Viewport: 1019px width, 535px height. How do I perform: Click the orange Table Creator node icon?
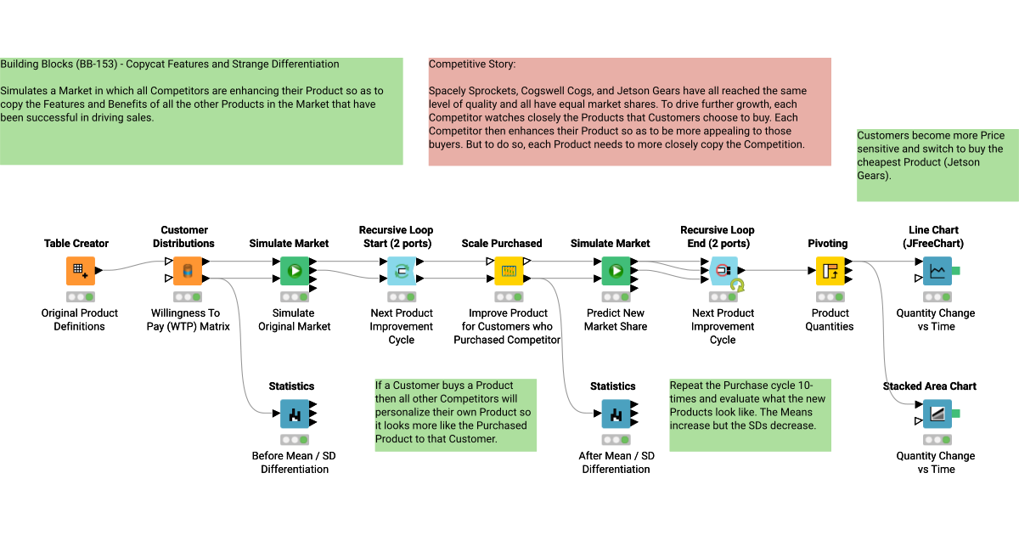coord(80,271)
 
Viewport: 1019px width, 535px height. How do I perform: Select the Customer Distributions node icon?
coord(188,271)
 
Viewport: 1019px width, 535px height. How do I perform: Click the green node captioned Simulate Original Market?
coord(294,271)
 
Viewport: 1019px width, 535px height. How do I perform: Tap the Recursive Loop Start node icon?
coord(401,271)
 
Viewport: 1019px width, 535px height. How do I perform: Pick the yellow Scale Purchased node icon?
coord(508,271)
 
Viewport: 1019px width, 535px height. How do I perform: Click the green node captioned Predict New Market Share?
coord(615,271)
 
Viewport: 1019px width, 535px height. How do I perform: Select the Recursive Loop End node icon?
coord(722,271)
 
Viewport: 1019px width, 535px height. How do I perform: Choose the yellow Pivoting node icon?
coord(829,271)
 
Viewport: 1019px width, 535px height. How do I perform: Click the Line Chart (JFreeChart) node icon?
coord(937,271)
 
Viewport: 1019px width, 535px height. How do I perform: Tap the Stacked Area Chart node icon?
coord(937,414)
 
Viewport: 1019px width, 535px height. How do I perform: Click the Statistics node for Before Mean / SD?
coord(294,414)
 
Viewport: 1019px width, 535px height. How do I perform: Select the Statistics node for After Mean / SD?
coord(615,414)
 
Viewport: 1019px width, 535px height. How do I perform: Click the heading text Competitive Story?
coord(471,65)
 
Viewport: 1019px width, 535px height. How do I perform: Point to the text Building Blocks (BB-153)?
coord(59,65)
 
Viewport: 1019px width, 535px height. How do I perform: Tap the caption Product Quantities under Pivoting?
coord(830,319)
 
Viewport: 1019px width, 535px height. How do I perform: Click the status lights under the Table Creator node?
coord(80,297)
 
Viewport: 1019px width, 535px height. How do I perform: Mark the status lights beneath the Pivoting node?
coord(829,297)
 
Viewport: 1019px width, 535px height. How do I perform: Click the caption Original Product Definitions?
coord(80,319)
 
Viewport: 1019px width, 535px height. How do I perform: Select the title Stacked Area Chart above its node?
coord(929,386)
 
